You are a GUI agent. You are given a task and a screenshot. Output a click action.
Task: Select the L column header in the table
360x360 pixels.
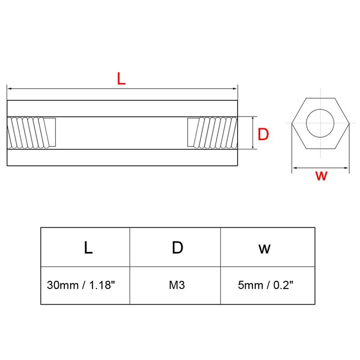click(88, 247)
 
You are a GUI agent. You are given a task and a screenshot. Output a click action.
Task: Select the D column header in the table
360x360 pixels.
click(177, 247)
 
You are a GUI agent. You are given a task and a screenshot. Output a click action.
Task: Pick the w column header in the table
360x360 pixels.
click(265, 247)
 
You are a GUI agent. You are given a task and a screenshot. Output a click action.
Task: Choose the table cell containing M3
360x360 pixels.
click(177, 285)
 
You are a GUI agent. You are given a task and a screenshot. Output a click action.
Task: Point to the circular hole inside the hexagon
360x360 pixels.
click(320, 122)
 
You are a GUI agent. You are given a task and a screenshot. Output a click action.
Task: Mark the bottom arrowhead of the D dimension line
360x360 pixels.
click(254, 147)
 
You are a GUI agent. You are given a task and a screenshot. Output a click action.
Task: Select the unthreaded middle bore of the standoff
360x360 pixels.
click(121, 133)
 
